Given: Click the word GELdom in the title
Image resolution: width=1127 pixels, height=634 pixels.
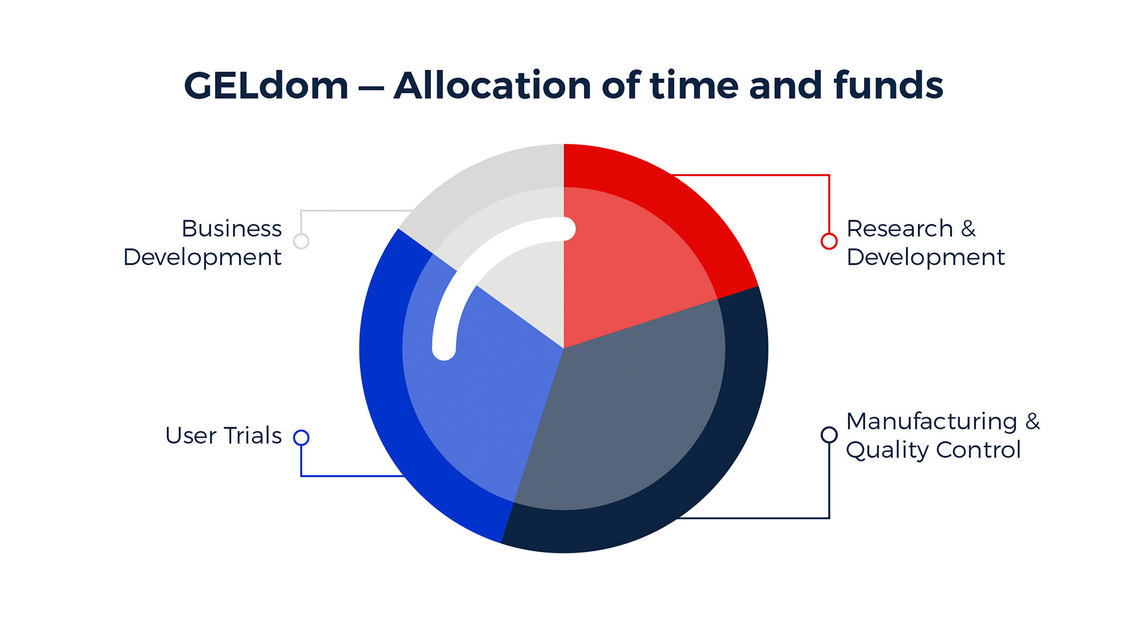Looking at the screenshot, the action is pos(266,86).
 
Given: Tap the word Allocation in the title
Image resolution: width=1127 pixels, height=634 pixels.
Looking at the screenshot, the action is pos(492,86).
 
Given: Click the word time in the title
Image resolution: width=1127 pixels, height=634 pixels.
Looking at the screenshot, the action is pos(694,86).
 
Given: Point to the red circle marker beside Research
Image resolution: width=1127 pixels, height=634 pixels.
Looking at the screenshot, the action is pos(829,241).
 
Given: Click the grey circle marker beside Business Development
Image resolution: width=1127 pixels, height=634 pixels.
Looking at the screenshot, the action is pos(301,241).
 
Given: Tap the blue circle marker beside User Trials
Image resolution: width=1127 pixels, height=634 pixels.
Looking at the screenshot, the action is pos(301,437).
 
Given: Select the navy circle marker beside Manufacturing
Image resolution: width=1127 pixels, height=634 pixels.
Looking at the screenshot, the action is pos(829,435).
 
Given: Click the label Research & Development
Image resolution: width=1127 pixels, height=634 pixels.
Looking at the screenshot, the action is pos(926,242).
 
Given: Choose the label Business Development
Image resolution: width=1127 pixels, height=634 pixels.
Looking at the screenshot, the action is pos(203,242).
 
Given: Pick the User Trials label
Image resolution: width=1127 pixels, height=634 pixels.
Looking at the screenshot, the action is pos(224,436).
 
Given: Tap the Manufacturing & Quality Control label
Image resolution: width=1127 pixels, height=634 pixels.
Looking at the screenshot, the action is pos(943,436).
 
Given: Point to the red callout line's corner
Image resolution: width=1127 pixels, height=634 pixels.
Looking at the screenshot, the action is pos(829,175).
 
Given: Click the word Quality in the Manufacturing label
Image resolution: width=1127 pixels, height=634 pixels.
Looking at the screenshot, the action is pos(888,451).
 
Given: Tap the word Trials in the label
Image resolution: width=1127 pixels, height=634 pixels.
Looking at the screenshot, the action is pos(253,436).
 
